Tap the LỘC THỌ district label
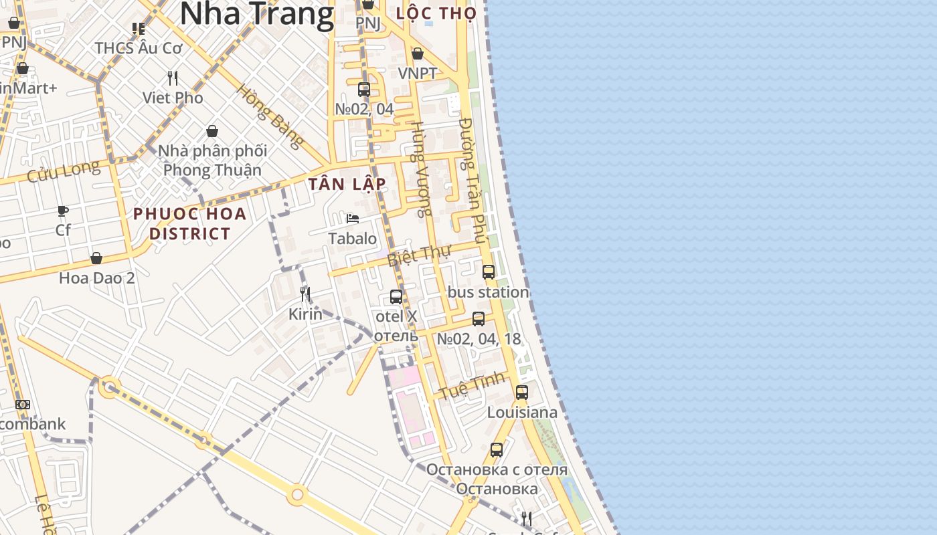pyautogui.click(x=436, y=13)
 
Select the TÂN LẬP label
pyautogui.click(x=347, y=184)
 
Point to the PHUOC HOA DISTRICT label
pyautogui.click(x=190, y=223)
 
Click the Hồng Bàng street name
pyautogui.click(x=270, y=116)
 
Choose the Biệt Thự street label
pyautogui.click(x=420, y=255)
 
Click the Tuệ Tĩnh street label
pyautogui.click(x=472, y=387)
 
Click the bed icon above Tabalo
pyautogui.click(x=353, y=219)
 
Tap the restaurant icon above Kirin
pyautogui.click(x=305, y=294)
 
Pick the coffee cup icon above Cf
pyautogui.click(x=63, y=211)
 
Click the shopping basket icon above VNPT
pyautogui.click(x=418, y=53)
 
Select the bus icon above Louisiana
pyautogui.click(x=522, y=393)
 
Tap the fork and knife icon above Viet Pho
pyautogui.click(x=173, y=78)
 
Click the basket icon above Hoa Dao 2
pyautogui.click(x=96, y=258)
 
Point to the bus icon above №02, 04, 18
pyautogui.click(x=479, y=319)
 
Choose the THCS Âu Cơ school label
pyautogui.click(x=139, y=48)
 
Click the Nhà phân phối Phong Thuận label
pyautogui.click(x=212, y=160)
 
